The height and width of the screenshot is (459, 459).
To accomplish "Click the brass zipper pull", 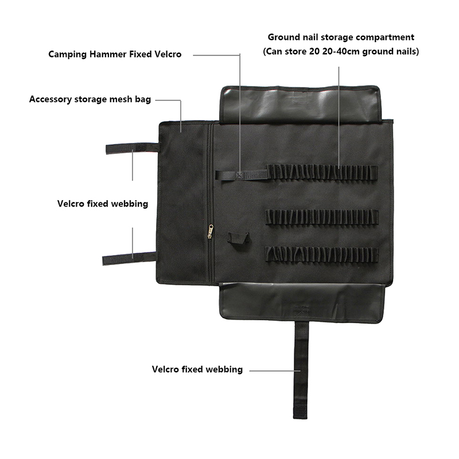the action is pyautogui.click(x=211, y=231).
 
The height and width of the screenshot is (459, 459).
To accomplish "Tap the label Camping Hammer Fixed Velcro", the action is pyautogui.click(x=115, y=55).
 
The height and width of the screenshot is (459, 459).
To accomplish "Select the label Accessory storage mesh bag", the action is pyautogui.click(x=90, y=99).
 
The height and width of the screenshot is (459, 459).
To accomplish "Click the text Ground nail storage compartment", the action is pyautogui.click(x=341, y=37).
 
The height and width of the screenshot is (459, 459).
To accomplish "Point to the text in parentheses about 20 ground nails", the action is pyautogui.click(x=341, y=52).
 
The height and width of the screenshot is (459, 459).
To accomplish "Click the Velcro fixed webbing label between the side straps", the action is pyautogui.click(x=103, y=204).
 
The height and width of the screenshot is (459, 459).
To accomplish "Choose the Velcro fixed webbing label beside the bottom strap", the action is pyautogui.click(x=197, y=369).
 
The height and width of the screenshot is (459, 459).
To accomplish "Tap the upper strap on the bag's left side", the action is pyautogui.click(x=132, y=149).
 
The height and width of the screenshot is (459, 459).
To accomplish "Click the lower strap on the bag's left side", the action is pyautogui.click(x=129, y=259).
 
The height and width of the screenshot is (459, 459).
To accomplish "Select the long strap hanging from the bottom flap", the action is pyautogui.click(x=301, y=370).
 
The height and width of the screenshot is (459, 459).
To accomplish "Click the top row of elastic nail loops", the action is pyautogui.click(x=322, y=172).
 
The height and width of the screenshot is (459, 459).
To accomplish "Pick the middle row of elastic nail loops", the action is pyautogui.click(x=322, y=217).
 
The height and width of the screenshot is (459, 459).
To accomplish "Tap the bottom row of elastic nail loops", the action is pyautogui.click(x=322, y=255).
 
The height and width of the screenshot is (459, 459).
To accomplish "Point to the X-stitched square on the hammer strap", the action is pyautogui.click(x=239, y=176).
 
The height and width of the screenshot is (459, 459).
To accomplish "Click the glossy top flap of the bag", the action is pyautogui.click(x=301, y=104).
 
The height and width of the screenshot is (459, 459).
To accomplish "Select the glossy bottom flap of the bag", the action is pyautogui.click(x=302, y=302).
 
